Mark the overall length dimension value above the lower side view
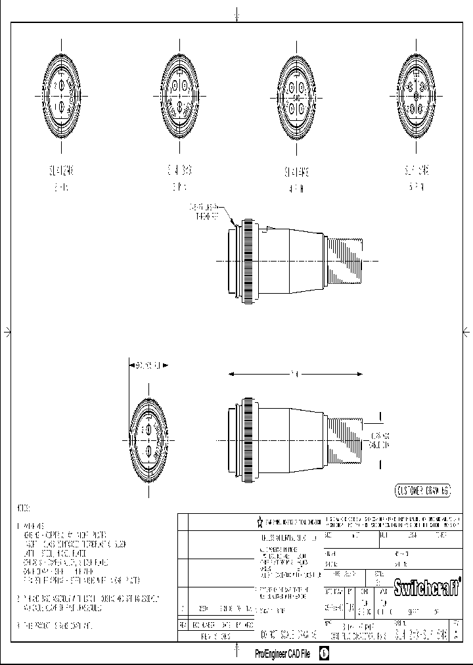coord(296,375)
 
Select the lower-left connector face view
coord(148,439)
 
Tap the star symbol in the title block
coord(260,522)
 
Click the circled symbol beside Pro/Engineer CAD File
coord(324,654)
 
